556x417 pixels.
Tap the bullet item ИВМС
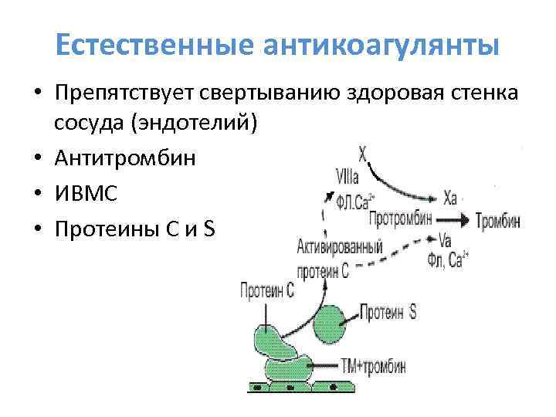pos(86,193)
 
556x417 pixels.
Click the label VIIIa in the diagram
pos(347,177)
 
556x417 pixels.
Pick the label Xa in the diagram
pos(450,198)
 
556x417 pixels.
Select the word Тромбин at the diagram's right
pos(498,220)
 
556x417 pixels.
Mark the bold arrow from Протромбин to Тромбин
pos(453,219)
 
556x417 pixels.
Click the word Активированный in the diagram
pos(340,249)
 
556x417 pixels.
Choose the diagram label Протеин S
pos(388,312)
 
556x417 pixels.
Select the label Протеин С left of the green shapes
pos(267,291)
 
